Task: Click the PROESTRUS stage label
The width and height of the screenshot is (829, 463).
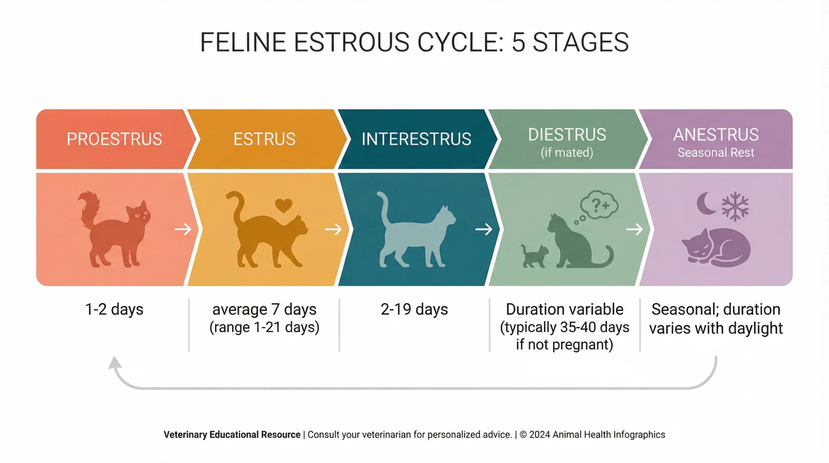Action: click(x=114, y=139)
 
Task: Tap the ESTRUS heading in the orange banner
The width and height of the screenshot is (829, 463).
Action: click(x=264, y=139)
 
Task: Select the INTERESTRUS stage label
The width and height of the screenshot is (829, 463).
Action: click(x=416, y=139)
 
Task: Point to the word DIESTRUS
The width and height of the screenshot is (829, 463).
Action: click(x=567, y=134)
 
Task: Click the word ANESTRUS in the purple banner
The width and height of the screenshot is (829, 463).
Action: click(x=716, y=134)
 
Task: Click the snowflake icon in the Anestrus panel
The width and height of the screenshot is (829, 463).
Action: click(x=735, y=206)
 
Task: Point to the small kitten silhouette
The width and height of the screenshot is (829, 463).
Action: click(x=534, y=256)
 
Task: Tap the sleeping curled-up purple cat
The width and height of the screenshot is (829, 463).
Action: click(x=717, y=246)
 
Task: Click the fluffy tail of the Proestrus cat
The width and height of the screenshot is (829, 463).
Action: click(x=88, y=207)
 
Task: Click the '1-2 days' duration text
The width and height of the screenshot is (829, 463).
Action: click(x=114, y=309)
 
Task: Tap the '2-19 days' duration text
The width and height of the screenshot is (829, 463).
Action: click(x=414, y=309)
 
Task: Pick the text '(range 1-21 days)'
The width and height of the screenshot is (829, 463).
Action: click(x=264, y=327)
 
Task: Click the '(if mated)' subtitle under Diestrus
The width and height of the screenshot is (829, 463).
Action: click(x=567, y=152)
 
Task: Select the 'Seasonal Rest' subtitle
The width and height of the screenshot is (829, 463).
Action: click(x=716, y=152)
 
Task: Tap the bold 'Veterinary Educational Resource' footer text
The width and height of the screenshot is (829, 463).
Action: click(x=232, y=435)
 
